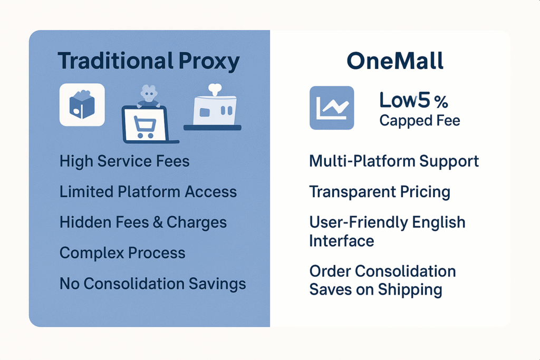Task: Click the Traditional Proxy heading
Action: (x=148, y=62)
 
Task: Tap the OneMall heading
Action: (x=395, y=61)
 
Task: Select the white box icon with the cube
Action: (x=82, y=105)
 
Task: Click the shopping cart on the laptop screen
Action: (x=145, y=127)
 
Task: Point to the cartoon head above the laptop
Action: (x=149, y=93)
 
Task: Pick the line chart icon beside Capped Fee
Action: (x=332, y=108)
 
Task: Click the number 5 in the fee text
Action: (x=423, y=100)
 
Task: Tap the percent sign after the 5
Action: (x=441, y=102)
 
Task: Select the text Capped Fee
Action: (x=419, y=121)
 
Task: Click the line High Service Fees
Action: (x=124, y=161)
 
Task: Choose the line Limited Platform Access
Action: (x=148, y=192)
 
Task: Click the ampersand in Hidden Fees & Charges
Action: (x=158, y=222)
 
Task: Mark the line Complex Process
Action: (x=122, y=253)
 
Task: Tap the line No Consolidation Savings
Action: (x=152, y=284)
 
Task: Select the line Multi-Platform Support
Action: (x=394, y=161)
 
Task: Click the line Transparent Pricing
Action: (x=380, y=192)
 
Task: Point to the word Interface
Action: (x=342, y=241)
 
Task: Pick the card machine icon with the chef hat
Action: (x=213, y=108)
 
